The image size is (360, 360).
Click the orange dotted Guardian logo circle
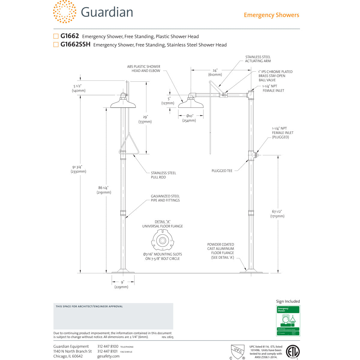(x=64, y=12)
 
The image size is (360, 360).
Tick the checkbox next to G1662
(x=56, y=36)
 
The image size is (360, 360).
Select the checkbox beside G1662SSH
(x=56, y=45)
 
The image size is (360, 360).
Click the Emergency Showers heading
(x=271, y=15)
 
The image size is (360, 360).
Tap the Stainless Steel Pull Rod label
(x=163, y=175)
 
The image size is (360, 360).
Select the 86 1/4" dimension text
(x=104, y=190)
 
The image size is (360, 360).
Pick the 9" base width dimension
(x=122, y=284)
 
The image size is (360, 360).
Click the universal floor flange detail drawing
(x=162, y=240)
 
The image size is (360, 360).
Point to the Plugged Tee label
(x=222, y=171)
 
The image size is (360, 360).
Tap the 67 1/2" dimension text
(x=277, y=214)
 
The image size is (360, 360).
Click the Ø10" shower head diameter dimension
(x=190, y=118)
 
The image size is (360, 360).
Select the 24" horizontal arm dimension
(x=215, y=72)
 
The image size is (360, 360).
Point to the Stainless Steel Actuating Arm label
(x=258, y=59)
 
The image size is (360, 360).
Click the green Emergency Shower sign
(x=288, y=320)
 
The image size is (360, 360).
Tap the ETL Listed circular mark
(x=292, y=351)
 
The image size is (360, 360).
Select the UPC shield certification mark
(x=237, y=351)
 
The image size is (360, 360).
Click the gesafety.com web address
(x=108, y=356)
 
